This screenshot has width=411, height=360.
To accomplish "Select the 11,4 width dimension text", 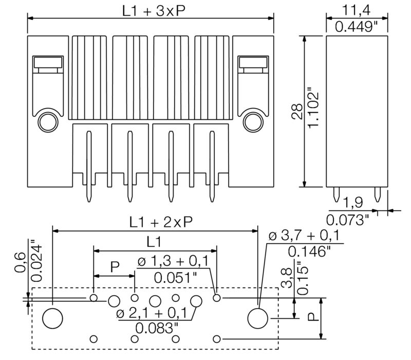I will pos(357,10).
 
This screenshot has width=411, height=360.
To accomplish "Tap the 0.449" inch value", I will pos(357,27).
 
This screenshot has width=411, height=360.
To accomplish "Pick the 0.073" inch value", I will pos(348,220).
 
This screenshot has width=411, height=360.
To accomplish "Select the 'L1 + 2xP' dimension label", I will pos(160,222).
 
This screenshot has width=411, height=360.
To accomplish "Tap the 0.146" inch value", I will pos(309,251).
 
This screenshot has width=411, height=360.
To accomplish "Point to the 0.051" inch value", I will pos(175,278).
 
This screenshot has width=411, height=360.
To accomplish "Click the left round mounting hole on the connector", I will pos(48,121).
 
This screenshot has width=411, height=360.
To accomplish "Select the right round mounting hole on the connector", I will pos(253,121).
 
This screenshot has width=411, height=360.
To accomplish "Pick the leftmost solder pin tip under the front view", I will pos(88,198).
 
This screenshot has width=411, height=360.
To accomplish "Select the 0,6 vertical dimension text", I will pos(19,262).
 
